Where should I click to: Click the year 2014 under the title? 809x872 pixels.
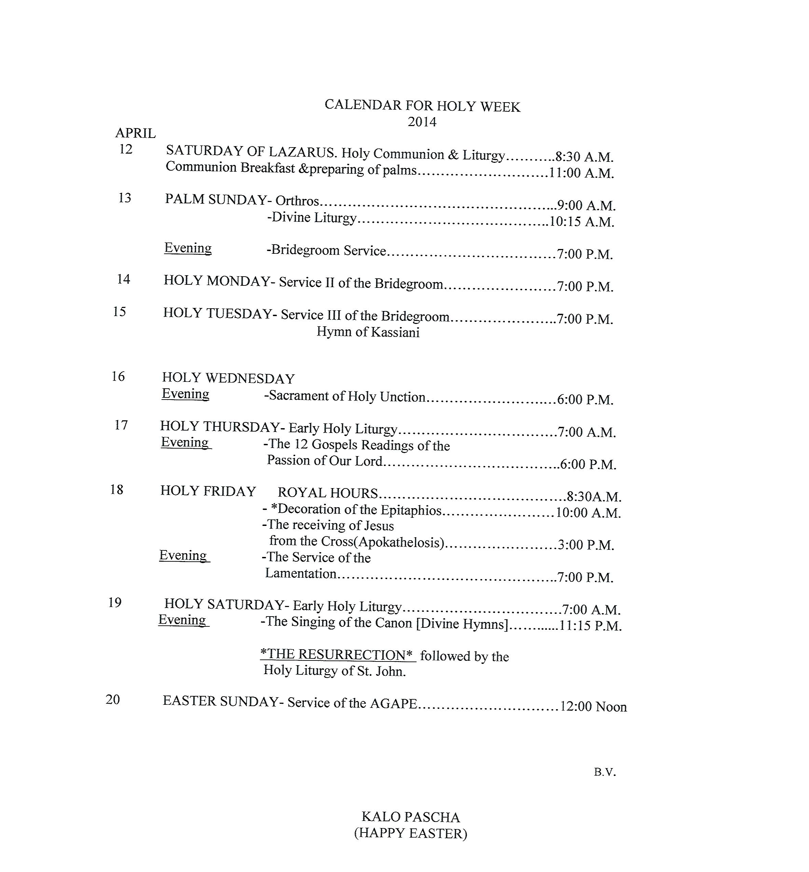tap(422, 122)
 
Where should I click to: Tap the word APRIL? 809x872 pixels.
tap(135, 133)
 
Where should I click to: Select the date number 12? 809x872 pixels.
tap(126, 149)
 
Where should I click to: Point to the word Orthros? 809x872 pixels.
tap(297, 201)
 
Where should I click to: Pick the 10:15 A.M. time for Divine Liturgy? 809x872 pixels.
tap(582, 222)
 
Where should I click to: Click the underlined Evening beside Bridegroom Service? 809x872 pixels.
tap(188, 248)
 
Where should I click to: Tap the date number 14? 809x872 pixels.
tap(123, 279)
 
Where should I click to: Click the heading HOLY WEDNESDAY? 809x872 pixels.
tap(228, 378)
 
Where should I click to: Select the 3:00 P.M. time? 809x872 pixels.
tap(586, 545)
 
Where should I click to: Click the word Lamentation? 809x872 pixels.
tap(301, 573)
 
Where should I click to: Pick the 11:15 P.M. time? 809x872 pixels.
tap(590, 626)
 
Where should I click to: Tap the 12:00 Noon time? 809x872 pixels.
tap(593, 707)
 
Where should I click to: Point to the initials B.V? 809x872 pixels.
tap(604, 772)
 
